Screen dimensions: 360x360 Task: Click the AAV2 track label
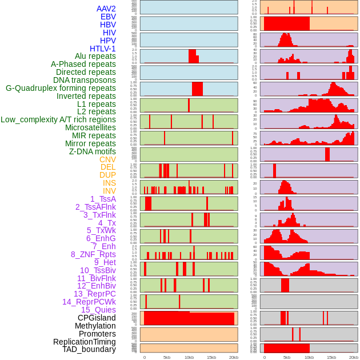(x=106, y=9)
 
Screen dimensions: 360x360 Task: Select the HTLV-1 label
(x=103, y=49)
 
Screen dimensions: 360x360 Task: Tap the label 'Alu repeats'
(x=95, y=56)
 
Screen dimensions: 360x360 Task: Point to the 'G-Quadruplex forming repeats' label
(x=61, y=88)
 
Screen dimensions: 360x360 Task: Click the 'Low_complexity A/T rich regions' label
(x=58, y=119)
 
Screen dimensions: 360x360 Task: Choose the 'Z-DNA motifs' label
(x=93, y=151)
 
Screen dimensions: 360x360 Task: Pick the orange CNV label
(x=107, y=159)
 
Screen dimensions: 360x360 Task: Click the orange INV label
(x=109, y=191)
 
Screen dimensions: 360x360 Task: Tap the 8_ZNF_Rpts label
(x=93, y=254)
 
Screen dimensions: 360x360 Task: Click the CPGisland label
(x=97, y=318)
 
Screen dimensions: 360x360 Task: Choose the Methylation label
(x=95, y=326)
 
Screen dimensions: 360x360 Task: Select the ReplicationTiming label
(x=85, y=342)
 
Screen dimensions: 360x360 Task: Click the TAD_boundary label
(x=89, y=349)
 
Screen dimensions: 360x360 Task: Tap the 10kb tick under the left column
(x=189, y=357)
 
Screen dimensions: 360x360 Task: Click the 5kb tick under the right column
(x=286, y=357)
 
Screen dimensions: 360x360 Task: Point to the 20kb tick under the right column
(x=354, y=357)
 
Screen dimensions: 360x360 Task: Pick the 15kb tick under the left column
(x=211, y=357)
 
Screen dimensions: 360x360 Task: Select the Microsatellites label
(x=90, y=127)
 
